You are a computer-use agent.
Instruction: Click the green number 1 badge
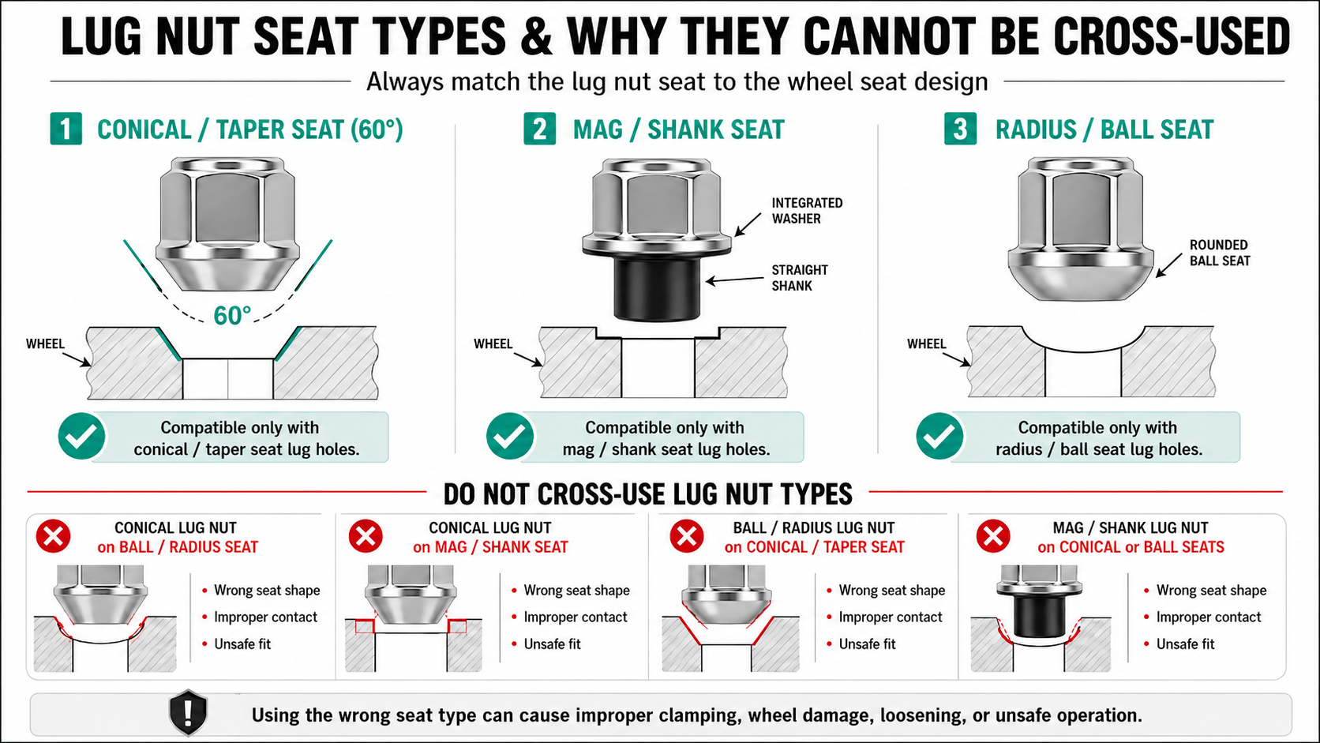click(x=66, y=129)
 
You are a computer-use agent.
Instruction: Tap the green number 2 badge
click(x=539, y=129)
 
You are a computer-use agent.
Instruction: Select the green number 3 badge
click(x=960, y=129)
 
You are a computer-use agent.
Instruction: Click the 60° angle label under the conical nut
click(x=232, y=316)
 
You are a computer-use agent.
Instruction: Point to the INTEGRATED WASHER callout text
click(x=808, y=211)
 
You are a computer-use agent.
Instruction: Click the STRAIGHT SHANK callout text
click(x=800, y=278)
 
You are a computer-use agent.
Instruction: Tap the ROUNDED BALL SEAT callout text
click(x=1220, y=253)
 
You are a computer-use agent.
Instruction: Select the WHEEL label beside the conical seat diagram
click(x=45, y=343)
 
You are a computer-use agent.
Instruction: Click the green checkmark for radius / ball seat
click(x=939, y=436)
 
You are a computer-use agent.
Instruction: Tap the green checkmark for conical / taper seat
click(x=82, y=436)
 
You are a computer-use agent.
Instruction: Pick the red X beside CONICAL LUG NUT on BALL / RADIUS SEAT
click(x=54, y=536)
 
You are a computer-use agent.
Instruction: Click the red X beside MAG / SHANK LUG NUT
click(x=993, y=536)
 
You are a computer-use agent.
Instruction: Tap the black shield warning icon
click(x=188, y=713)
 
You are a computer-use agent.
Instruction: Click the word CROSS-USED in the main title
click(x=1170, y=36)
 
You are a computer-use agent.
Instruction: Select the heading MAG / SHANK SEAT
click(x=679, y=129)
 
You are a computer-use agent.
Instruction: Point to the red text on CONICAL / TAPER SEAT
click(x=815, y=547)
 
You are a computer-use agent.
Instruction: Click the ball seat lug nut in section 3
click(x=1081, y=229)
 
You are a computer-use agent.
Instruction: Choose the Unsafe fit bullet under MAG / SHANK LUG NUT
click(x=1185, y=644)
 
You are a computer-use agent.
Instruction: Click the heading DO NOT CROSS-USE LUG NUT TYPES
click(x=647, y=493)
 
